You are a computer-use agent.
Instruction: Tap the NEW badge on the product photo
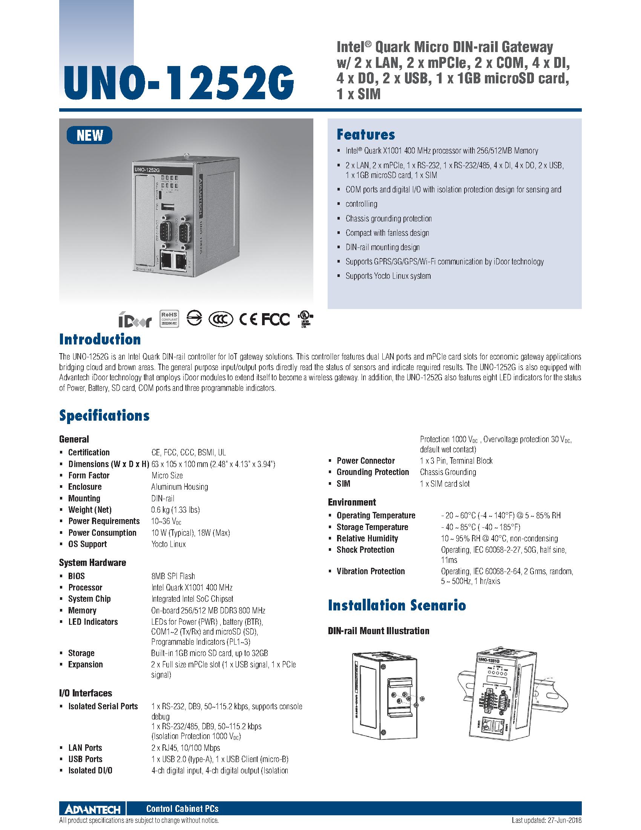(x=90, y=135)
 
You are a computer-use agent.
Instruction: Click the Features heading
(x=366, y=135)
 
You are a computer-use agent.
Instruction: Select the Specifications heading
(x=104, y=415)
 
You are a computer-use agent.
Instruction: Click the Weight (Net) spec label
(x=90, y=510)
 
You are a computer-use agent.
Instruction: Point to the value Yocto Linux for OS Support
(x=169, y=544)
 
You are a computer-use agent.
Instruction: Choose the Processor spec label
(x=85, y=587)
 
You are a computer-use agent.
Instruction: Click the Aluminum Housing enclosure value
(x=179, y=487)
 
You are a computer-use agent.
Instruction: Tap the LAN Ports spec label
(x=85, y=747)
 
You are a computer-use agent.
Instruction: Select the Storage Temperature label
(x=372, y=527)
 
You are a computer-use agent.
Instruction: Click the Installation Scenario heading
(x=397, y=605)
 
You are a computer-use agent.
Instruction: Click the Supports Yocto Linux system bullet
(x=388, y=276)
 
